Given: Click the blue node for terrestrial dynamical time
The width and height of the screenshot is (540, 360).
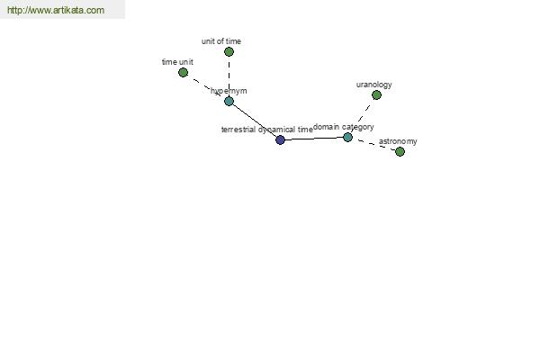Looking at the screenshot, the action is point(280,139).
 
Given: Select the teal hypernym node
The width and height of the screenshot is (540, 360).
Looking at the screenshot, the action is point(229,102).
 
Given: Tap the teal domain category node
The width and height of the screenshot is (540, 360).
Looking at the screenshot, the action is point(347,138).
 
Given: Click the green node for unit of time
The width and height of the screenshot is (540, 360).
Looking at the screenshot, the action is point(229,51).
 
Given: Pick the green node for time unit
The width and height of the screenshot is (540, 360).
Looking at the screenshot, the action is point(184,72).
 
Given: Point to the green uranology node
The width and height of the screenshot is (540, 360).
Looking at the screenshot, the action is point(376,95).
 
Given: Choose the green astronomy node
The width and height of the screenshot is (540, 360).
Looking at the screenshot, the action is point(400,151).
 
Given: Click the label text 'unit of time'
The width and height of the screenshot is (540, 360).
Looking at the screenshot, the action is point(221,41).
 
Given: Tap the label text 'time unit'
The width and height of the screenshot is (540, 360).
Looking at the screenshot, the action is point(177,62).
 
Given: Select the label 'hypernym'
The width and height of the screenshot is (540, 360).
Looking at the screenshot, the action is point(229,91).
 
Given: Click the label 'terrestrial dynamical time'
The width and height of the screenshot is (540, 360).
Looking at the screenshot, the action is point(267,130).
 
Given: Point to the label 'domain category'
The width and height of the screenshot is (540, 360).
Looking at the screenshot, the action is point(344,127).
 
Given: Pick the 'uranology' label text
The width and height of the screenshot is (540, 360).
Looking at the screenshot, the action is point(374,85).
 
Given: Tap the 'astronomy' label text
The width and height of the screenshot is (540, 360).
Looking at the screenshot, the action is point(398,141).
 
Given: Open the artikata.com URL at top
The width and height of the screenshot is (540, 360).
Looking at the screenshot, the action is point(56,10).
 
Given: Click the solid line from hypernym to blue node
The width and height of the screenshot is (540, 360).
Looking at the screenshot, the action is point(255,121).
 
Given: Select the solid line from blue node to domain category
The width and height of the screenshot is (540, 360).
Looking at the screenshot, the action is point(314,139).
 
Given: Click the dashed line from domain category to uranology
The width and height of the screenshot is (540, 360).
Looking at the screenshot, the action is point(363,116).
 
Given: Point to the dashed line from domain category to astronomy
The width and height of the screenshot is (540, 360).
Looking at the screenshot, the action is point(374,145).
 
